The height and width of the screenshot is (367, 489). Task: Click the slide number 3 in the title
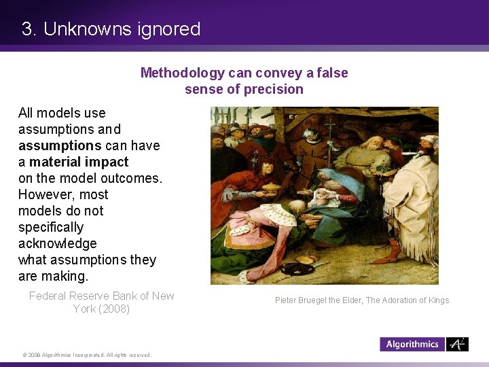tap(27, 29)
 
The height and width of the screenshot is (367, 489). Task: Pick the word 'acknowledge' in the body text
tap(58, 243)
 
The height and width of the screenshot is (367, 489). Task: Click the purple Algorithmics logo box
tap(412, 344)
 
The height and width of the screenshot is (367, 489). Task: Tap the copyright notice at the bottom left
tap(87, 355)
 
